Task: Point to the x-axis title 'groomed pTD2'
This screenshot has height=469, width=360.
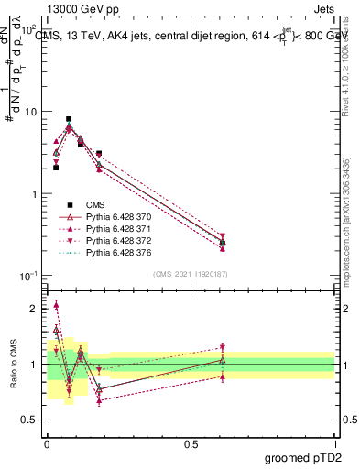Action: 302,458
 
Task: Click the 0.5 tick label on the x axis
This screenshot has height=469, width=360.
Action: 191,443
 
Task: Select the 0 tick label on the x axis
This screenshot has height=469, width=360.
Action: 47,443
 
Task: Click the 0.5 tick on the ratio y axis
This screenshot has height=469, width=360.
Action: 31,420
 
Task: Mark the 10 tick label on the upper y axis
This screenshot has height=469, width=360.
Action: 31,112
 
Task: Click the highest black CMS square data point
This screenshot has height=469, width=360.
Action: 69,119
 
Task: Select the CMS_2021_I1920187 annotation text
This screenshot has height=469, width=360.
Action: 191,274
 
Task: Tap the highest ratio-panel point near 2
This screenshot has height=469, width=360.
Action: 56,305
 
